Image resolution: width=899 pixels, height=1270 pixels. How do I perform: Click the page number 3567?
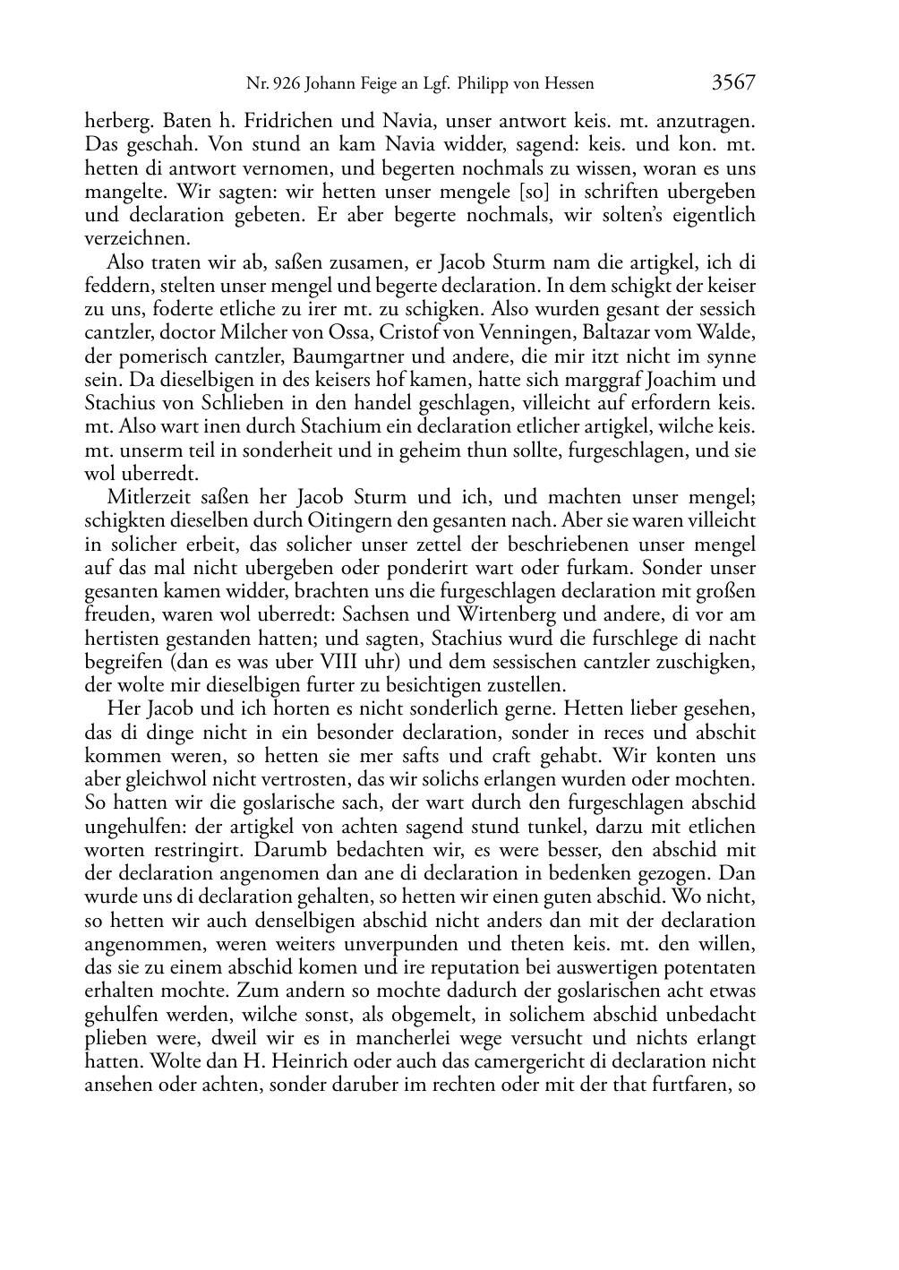(733, 83)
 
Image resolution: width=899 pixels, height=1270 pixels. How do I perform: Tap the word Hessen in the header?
(569, 85)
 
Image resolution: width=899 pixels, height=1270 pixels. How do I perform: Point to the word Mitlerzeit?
(145, 498)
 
